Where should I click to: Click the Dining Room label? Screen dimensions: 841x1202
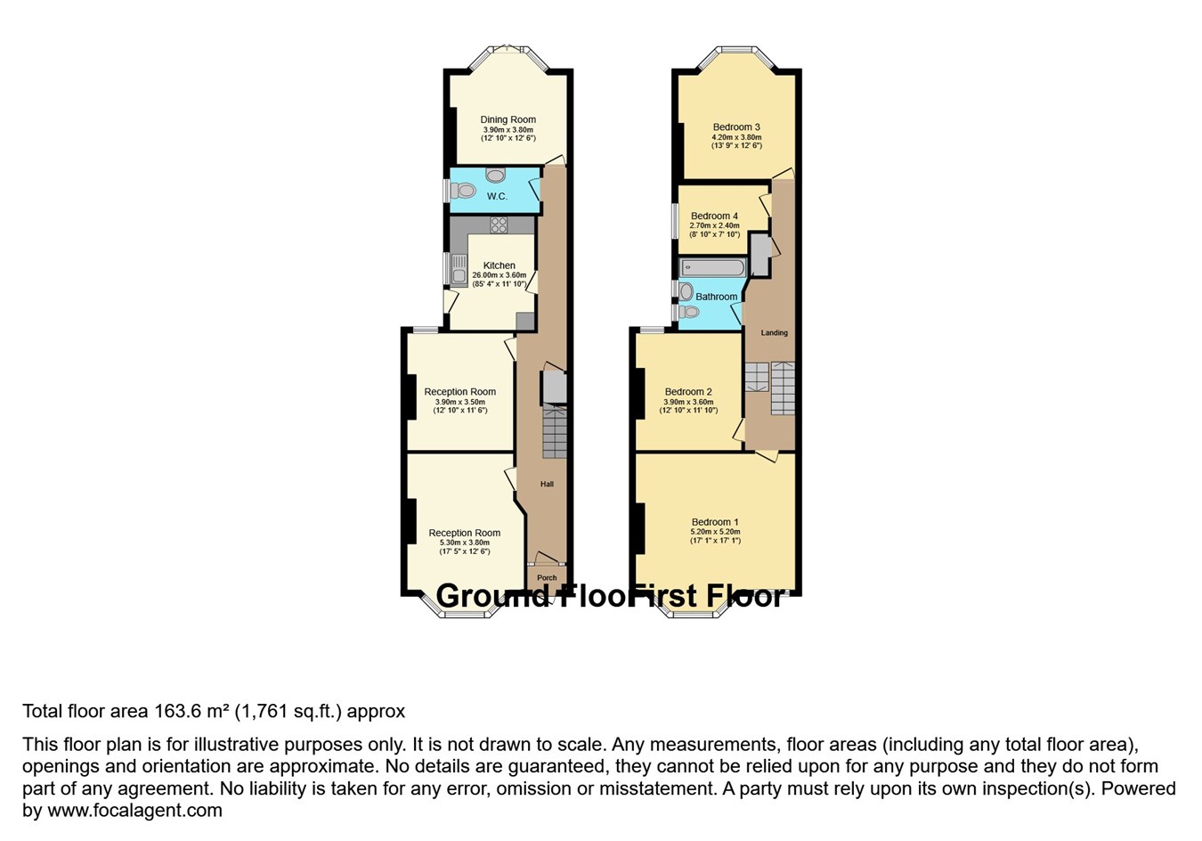tap(508, 119)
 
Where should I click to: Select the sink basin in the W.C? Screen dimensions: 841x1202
tap(495, 175)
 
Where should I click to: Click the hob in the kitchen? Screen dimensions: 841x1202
tap(499, 225)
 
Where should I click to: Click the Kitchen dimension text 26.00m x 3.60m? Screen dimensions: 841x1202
tap(499, 275)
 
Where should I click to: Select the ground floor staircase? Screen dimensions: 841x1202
tap(554, 432)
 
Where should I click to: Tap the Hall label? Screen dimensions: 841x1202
tap(547, 484)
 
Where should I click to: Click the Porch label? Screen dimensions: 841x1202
tap(547, 577)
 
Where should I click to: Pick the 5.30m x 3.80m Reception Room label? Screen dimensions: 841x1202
tap(464, 533)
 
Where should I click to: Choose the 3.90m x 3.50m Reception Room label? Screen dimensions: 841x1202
tap(459, 392)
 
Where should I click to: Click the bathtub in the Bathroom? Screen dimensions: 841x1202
tap(712, 267)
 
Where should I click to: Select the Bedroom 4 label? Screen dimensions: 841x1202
tap(714, 216)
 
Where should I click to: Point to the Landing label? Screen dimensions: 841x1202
tap(774, 333)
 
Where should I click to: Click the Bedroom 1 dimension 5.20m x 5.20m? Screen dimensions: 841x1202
tap(715, 532)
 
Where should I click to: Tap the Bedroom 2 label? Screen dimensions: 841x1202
tap(687, 392)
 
